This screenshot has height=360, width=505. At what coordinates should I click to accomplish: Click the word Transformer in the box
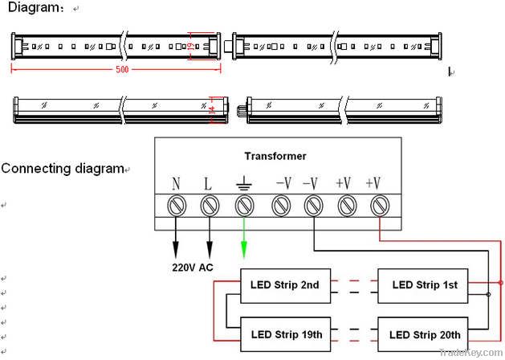tap(275, 156)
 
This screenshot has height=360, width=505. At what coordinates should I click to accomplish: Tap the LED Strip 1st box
tap(425, 285)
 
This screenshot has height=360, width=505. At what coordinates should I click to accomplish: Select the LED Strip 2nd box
tap(285, 285)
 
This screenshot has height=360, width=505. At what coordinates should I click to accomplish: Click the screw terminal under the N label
tap(177, 207)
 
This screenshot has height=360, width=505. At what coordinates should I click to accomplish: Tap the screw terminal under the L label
tap(210, 207)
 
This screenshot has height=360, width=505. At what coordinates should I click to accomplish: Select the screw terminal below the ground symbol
tap(243, 207)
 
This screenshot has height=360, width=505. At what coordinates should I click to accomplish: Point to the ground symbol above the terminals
tap(242, 184)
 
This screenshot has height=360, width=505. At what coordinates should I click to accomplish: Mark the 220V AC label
tap(193, 268)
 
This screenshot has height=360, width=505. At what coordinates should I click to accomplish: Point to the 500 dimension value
tap(122, 70)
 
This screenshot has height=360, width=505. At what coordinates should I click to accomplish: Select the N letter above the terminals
tap(177, 184)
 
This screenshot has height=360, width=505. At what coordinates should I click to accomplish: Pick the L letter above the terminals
tap(209, 184)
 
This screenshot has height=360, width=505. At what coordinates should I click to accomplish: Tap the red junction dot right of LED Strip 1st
tap(501, 283)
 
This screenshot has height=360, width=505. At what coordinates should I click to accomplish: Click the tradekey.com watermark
tap(476, 353)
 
